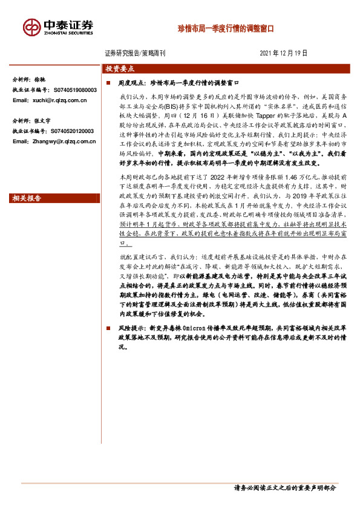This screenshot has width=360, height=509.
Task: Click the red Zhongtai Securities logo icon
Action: click(31, 27)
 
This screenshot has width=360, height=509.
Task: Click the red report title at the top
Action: click(225, 28)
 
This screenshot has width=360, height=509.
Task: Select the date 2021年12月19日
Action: click(284, 53)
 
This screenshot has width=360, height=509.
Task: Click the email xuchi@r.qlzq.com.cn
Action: click(58, 100)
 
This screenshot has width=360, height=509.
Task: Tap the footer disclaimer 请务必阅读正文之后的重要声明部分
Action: click(284, 487)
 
